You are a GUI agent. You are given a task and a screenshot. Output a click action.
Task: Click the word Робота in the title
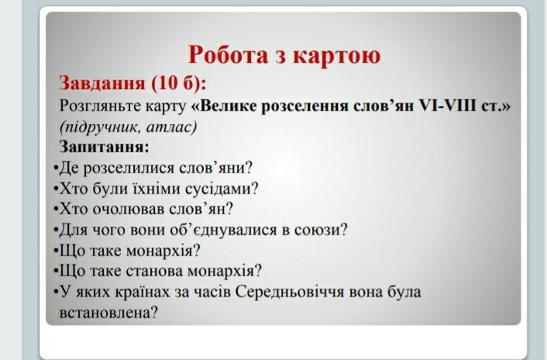click(228, 55)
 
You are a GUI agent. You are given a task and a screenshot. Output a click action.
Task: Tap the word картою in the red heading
click(336, 56)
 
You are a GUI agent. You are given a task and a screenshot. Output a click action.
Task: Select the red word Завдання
click(101, 84)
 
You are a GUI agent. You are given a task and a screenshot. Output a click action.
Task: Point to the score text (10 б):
click(179, 84)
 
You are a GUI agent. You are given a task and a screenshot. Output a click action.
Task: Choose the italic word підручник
click(100, 127)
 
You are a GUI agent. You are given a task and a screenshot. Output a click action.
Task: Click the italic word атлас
click(171, 128)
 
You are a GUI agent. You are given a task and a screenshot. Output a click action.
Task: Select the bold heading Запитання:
click(105, 146)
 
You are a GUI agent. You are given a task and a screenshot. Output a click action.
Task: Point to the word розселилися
click(129, 168)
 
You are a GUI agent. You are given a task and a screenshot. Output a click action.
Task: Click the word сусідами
click(222, 189)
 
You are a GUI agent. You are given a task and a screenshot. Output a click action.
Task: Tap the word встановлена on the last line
click(108, 313)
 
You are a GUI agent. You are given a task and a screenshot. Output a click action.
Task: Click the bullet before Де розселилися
click(56, 168)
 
